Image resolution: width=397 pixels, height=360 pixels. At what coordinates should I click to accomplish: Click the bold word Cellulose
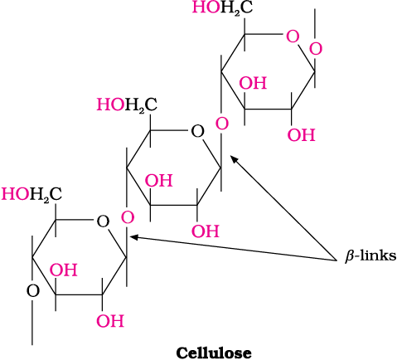coord(214,353)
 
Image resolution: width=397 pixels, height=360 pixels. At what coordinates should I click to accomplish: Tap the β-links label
coord(370,256)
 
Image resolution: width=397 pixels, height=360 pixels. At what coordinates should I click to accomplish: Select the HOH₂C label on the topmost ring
coord(222,7)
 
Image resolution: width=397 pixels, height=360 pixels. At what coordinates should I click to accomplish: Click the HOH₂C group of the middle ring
coord(127,105)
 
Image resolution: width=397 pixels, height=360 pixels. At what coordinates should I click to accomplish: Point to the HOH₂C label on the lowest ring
coord(31,194)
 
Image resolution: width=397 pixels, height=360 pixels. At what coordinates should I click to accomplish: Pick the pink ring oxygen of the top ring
coord(293,37)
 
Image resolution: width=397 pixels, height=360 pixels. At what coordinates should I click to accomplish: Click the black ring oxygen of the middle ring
coord(197,132)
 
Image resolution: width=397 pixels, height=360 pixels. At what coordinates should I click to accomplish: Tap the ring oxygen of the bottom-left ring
coord(103,221)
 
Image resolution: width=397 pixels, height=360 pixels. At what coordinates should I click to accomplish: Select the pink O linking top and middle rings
coord(222,124)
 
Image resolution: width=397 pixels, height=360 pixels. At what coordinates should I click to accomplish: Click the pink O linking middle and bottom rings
coord(128,217)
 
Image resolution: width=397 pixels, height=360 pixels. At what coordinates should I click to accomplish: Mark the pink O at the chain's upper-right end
coord(316,49)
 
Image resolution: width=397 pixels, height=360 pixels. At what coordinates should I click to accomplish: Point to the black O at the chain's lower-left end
coord(33,291)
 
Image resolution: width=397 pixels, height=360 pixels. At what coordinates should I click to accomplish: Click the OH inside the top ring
coord(253,83)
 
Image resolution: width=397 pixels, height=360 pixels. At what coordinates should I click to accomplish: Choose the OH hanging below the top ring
coord(302,135)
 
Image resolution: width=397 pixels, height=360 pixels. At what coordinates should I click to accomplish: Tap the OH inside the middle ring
coord(159,181)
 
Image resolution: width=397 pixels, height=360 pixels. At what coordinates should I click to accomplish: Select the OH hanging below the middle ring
coord(206,231)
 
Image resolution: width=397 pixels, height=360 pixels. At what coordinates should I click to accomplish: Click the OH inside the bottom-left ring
coord(64,270)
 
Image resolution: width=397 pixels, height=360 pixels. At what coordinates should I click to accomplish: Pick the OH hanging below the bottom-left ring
coord(110,321)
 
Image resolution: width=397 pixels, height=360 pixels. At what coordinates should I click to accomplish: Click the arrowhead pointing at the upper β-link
coord(235,159)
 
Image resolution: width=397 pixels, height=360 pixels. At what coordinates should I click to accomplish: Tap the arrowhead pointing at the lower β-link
coord(134,237)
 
